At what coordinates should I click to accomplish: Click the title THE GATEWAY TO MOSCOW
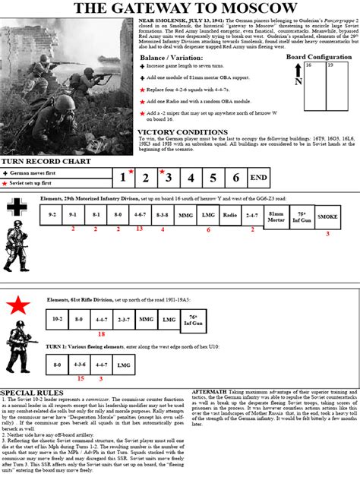179,8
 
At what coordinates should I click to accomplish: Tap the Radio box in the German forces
229,216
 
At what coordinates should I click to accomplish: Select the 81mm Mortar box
276,216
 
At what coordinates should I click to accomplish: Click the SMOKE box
327,216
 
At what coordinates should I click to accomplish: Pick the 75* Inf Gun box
302,216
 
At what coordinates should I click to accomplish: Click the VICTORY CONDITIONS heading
182,132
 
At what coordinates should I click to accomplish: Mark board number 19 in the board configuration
333,66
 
